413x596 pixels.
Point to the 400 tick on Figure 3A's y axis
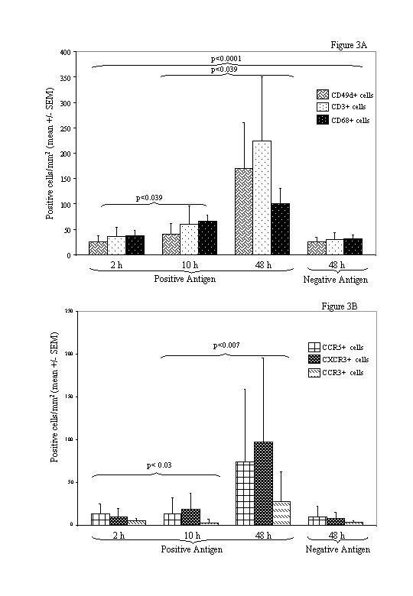pos(67,53)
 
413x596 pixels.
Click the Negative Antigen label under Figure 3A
pos(337,280)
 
